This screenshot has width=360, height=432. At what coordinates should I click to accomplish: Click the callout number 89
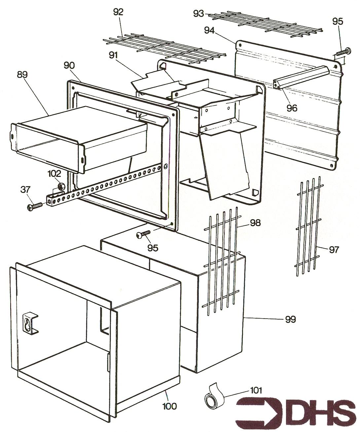coord(23,74)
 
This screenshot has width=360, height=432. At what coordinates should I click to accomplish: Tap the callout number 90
coord(69,65)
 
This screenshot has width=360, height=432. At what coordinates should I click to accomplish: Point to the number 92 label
coord(118,12)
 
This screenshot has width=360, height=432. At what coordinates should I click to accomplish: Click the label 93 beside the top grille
coord(198,14)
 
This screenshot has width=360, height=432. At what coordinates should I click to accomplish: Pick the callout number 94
coord(209,30)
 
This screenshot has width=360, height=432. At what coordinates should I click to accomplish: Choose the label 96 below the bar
coord(292,108)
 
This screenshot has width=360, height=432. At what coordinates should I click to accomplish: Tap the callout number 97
coord(334,250)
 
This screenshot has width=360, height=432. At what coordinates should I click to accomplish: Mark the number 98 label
coord(255,223)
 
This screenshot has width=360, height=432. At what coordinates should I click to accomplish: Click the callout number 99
coord(290,319)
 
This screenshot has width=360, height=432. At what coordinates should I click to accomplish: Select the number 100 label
coord(169,406)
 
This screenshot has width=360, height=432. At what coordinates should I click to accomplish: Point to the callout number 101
coord(256,391)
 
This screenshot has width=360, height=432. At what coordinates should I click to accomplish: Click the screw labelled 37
coord(34,206)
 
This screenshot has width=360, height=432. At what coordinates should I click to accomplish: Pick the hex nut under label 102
coord(61,187)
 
